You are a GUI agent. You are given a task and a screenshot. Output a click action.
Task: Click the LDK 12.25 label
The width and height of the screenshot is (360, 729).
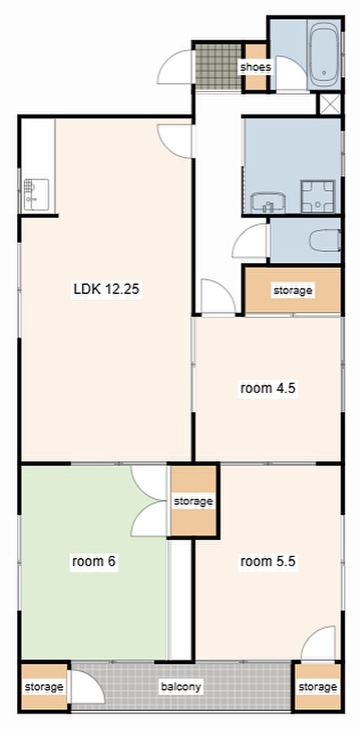[106, 289]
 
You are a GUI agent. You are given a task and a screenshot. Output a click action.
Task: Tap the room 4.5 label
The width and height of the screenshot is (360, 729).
[268, 388]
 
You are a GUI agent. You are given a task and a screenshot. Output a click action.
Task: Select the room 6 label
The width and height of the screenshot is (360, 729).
[94, 561]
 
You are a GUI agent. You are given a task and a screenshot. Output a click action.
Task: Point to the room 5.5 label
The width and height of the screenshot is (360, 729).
[268, 561]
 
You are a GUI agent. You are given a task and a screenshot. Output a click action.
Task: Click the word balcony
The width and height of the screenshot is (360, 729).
[181, 687]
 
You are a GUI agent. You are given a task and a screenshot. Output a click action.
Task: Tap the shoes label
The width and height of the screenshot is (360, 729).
[256, 67]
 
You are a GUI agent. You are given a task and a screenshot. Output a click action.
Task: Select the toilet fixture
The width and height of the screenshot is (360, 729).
[325, 240]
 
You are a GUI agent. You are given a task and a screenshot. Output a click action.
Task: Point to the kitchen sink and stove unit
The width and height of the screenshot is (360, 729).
[36, 195]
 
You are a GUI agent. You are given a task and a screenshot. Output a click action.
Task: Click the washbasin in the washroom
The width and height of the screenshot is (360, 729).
[268, 202]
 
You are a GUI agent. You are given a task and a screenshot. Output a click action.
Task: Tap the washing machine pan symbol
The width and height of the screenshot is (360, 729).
[318, 196]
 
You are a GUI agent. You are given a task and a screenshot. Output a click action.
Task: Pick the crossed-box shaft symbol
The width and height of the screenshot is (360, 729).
[330, 104]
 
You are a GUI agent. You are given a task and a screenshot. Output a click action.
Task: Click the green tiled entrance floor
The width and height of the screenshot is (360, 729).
[219, 67]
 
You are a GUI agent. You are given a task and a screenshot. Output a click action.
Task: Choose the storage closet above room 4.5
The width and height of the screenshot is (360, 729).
[293, 290]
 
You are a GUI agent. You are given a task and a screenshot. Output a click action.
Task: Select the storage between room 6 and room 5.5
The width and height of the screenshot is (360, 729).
[193, 501]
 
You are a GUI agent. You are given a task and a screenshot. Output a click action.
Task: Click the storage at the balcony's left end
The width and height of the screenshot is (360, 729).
[44, 687]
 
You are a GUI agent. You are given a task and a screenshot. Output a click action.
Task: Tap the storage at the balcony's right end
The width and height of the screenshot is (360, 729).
[318, 687]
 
